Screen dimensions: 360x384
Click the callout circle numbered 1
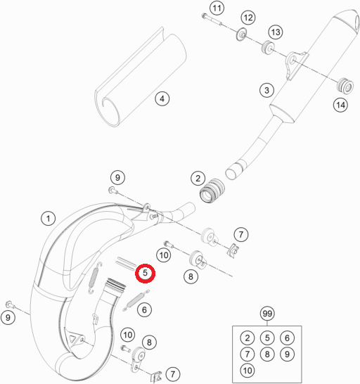tap(49, 218)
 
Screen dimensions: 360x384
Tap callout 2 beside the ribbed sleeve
tap(198, 179)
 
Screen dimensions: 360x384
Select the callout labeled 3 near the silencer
tap(266, 90)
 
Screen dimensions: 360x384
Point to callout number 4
tap(162, 99)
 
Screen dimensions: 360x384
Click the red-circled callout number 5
tap(146, 273)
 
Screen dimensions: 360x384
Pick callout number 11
tap(217, 8)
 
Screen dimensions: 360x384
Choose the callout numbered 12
tap(248, 18)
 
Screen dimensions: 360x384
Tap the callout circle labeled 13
tap(276, 32)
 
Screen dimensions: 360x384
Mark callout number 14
tap(340, 105)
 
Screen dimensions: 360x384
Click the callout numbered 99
tap(267, 314)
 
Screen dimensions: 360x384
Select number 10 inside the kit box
tap(247, 371)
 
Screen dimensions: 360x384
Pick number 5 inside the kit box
tap(267, 338)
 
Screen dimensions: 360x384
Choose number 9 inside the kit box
tap(287, 354)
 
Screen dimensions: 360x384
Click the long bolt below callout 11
tap(212, 20)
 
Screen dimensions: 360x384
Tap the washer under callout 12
tap(241, 34)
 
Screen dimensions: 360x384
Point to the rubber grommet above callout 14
tap(345, 86)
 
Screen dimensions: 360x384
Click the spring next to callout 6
tap(136, 300)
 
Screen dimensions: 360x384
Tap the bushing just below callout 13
tap(268, 48)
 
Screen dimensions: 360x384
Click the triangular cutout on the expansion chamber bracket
tap(72, 339)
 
